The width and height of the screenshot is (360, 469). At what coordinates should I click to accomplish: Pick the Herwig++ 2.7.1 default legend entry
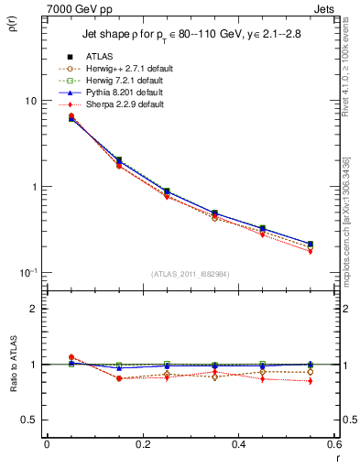(125, 70)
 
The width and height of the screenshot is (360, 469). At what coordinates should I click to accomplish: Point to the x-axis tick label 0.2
(142, 444)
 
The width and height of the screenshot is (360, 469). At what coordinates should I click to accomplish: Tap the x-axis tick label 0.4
(238, 444)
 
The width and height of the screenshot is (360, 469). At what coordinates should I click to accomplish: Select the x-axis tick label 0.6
(333, 444)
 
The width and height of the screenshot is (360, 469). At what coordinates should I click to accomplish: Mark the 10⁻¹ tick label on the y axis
(27, 272)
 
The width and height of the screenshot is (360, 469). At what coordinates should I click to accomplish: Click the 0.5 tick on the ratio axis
(29, 420)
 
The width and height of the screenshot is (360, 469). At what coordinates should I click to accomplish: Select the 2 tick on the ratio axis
(34, 309)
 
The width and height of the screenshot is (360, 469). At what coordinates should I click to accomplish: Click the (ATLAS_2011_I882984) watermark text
(190, 273)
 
